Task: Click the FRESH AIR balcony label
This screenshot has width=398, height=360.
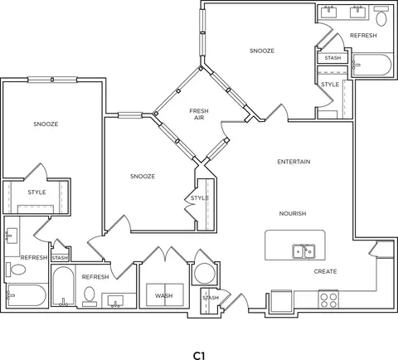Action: (x=199, y=114)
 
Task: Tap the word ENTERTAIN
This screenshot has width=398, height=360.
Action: (x=294, y=162)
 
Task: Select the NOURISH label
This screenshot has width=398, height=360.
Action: (x=293, y=213)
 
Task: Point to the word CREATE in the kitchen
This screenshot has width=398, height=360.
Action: (x=325, y=271)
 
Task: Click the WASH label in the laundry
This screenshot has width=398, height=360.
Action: (x=164, y=296)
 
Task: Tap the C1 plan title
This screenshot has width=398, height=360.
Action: (x=199, y=356)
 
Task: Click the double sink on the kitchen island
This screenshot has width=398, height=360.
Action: (x=304, y=251)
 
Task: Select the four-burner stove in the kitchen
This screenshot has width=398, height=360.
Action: (x=328, y=299)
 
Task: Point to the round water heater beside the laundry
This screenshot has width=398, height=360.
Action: (x=205, y=273)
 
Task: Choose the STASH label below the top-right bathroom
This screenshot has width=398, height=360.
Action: (x=332, y=58)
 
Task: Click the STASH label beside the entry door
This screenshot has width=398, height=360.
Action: (x=211, y=298)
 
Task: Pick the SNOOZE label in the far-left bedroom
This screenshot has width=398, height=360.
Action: (x=46, y=124)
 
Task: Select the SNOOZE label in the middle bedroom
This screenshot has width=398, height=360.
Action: (x=143, y=177)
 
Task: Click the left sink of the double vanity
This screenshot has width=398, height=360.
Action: (x=328, y=12)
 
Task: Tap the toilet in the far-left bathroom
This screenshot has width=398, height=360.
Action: (x=17, y=270)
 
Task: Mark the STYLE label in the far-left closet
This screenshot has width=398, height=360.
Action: (x=36, y=192)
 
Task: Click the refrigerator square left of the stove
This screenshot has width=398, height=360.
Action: (x=282, y=299)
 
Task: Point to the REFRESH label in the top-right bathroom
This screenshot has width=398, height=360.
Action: (x=363, y=36)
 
